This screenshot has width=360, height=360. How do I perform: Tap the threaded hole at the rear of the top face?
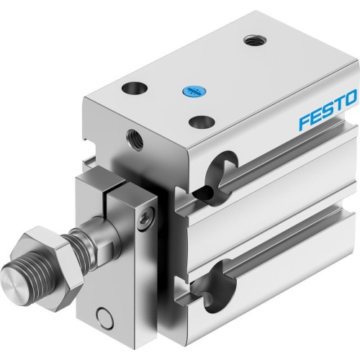(x=252, y=40)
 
